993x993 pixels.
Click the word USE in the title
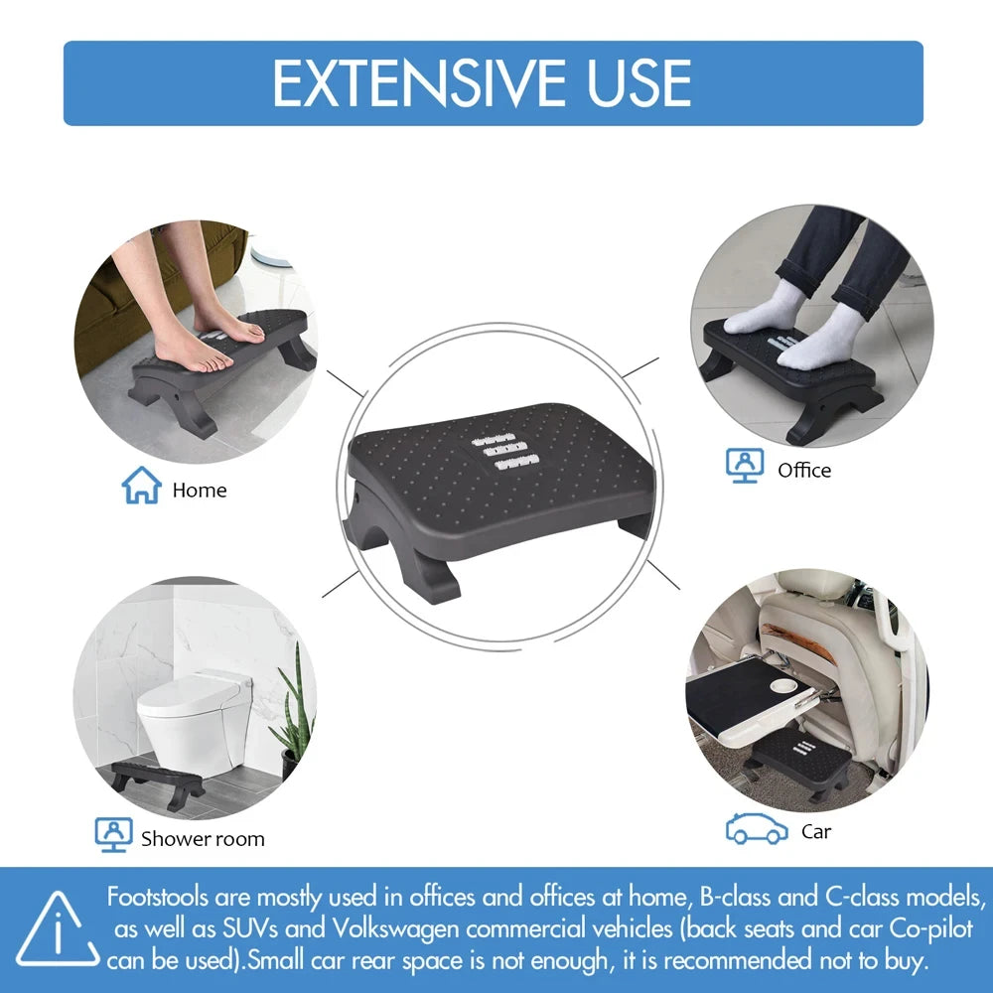tap(638, 83)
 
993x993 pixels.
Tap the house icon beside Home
tap(141, 486)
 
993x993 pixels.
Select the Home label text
tap(199, 490)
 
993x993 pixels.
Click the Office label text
tap(804, 470)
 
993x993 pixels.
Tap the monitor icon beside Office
tap(744, 466)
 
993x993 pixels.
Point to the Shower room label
tap(203, 838)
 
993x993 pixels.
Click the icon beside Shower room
tap(113, 834)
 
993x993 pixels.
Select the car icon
tap(757, 828)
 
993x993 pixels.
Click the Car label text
tap(816, 831)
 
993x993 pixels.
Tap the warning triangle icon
tap(58, 931)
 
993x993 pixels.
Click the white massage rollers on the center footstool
tap(506, 448)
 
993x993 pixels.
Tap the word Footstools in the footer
tap(158, 897)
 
